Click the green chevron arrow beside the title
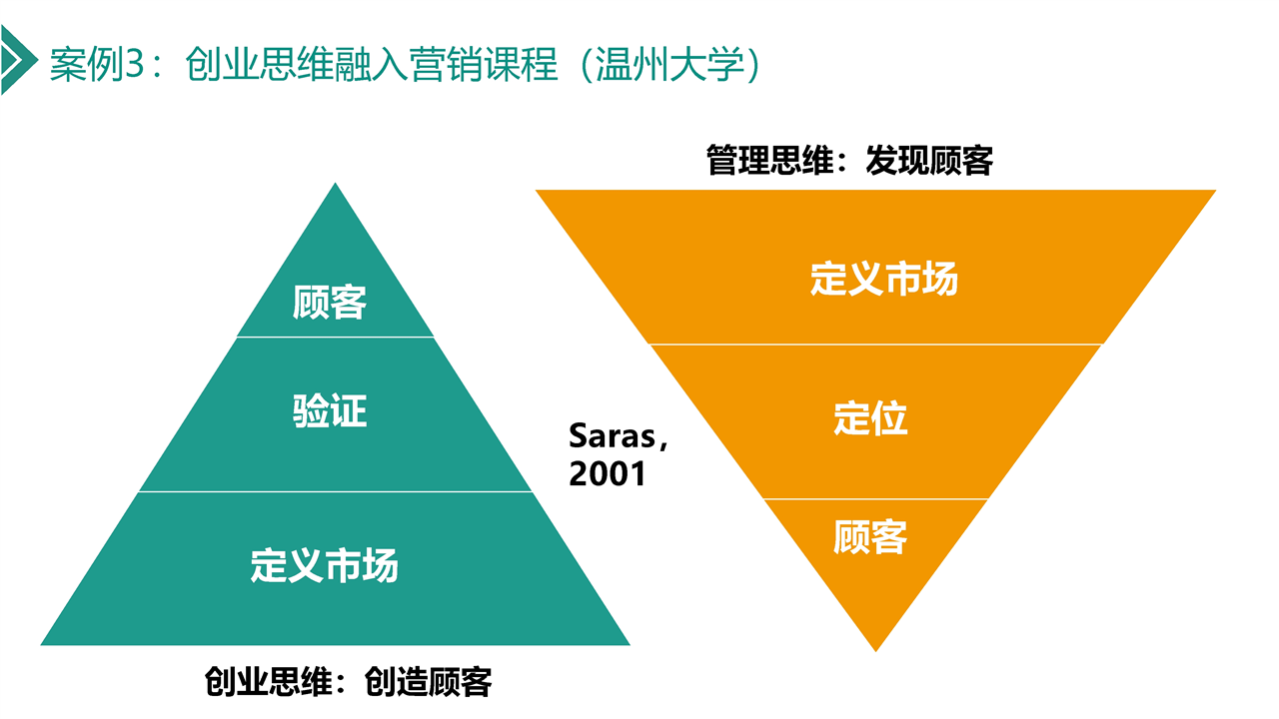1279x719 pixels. pos(17,59)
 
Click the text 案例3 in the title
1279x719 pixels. pos(97,64)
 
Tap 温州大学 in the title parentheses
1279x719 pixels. pos(669,64)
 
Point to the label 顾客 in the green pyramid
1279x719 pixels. pos(330,302)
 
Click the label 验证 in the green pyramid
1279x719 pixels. pos(330,410)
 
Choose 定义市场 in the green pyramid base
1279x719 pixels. pos(325,565)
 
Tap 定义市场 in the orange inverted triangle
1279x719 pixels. pos(884,279)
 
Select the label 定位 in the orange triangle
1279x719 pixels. pos(870,418)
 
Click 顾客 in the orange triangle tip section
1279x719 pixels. pos(870,537)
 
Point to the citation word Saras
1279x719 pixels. pos(613,436)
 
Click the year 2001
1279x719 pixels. pos(607,474)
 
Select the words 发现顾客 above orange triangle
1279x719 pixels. pos(929,161)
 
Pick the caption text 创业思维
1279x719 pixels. pos(269,681)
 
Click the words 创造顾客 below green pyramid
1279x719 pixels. pos(428,681)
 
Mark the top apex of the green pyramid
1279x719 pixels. pos(335,183)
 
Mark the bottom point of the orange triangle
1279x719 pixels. pos(876,651)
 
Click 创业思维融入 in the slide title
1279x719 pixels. pos(297,64)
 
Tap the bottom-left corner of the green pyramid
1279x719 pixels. pos(41,645)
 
